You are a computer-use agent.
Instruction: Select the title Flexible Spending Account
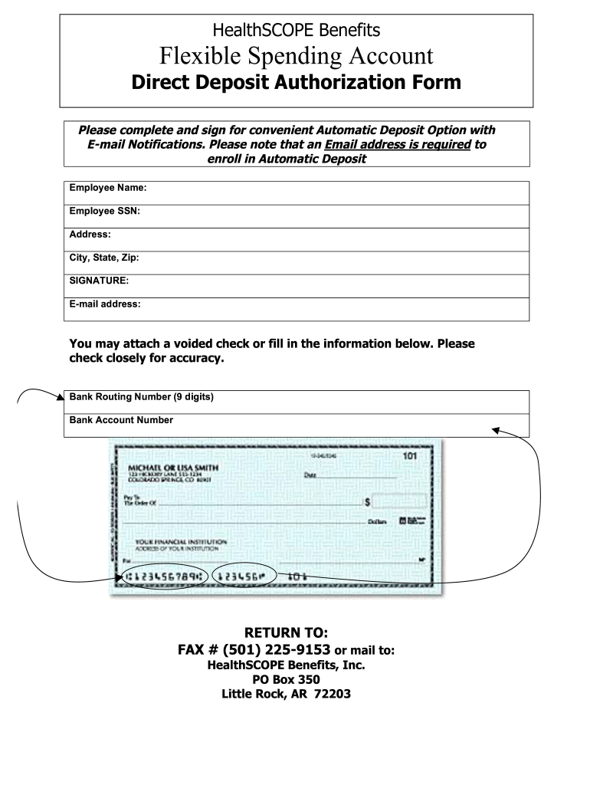[296, 55]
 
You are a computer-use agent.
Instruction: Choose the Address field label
[90, 234]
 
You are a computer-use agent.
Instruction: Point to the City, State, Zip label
[104, 258]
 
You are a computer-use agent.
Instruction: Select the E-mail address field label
[105, 304]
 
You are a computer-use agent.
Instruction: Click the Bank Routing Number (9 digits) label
[142, 396]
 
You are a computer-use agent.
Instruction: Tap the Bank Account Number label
[121, 419]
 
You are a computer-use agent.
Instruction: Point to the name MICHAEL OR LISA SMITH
[172, 468]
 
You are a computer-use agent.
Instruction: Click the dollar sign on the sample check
[368, 502]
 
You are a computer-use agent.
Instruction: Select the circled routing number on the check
[165, 575]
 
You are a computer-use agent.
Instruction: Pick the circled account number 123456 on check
[243, 575]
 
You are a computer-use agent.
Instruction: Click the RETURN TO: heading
[286, 632]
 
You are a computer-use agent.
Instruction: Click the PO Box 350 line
[286, 680]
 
